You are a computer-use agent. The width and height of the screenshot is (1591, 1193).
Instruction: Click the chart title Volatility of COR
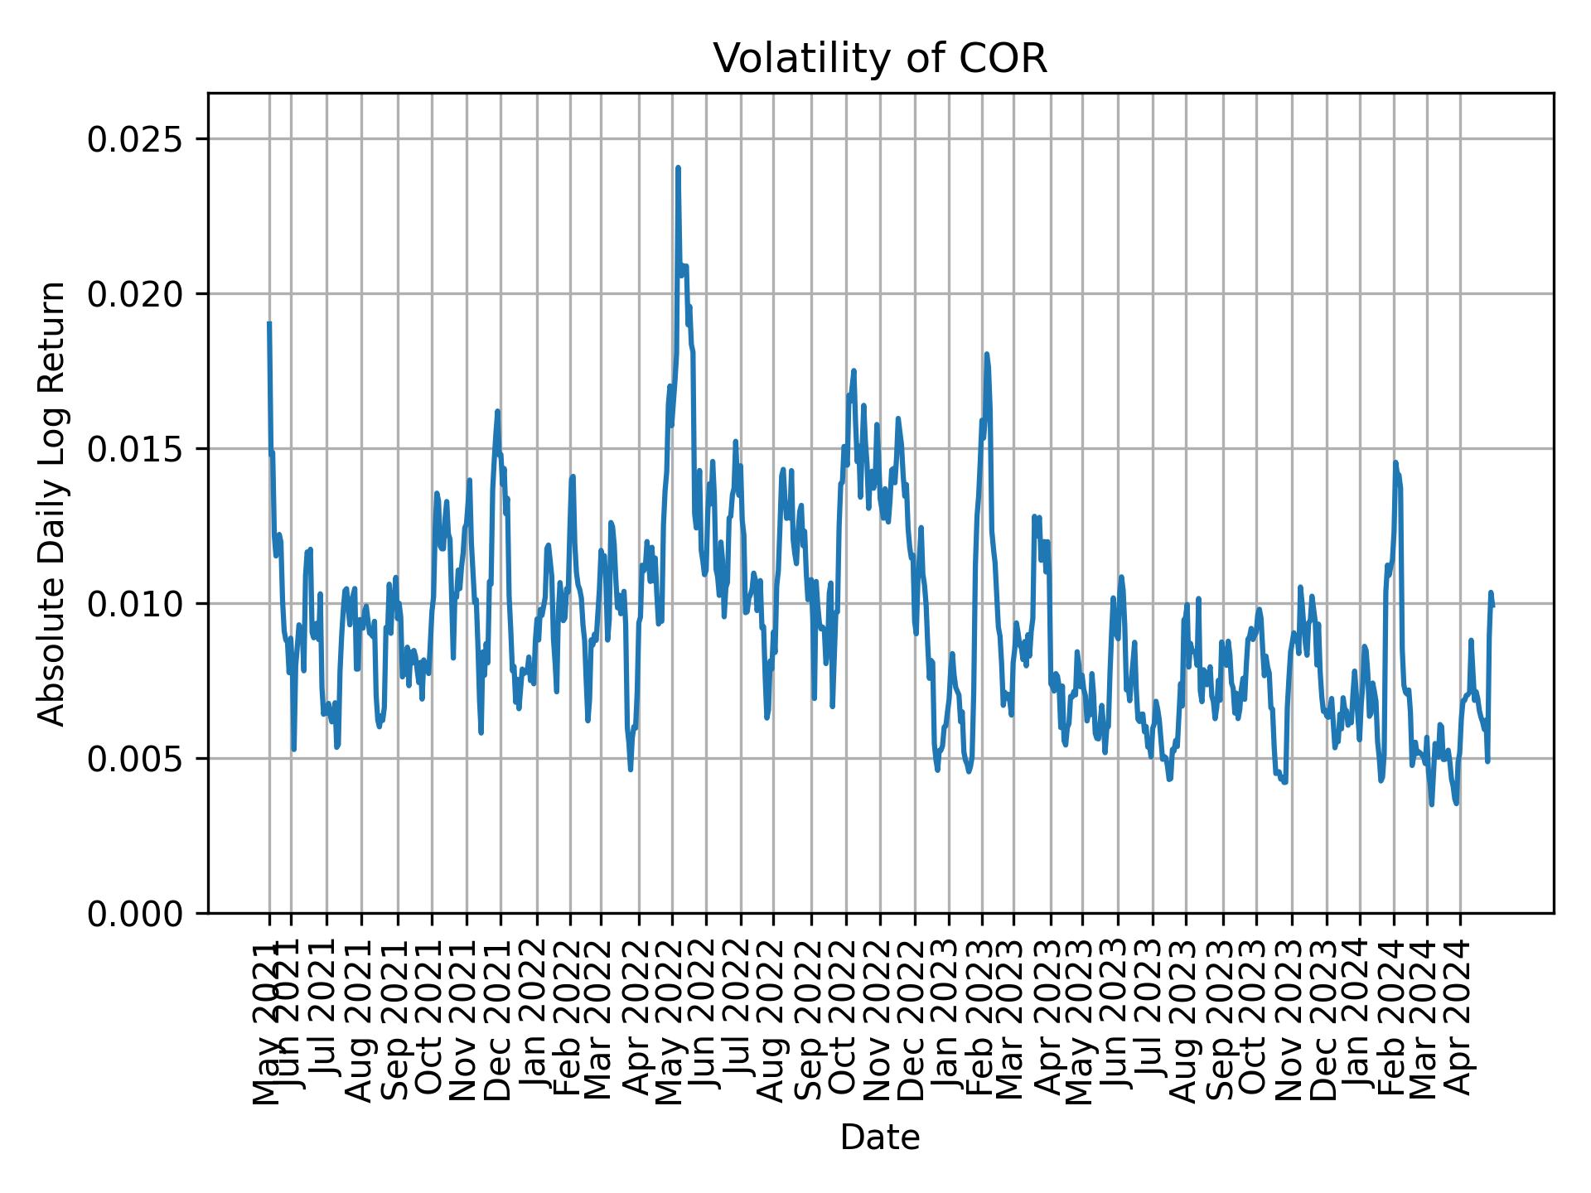coord(880,58)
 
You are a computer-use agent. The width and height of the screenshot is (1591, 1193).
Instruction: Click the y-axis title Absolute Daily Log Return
coord(53,503)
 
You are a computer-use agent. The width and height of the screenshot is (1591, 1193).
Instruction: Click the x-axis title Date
coord(880,1137)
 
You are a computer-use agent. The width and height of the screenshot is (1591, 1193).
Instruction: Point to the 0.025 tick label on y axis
coord(136,139)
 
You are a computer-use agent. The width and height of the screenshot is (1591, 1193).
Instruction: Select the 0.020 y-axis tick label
coord(136,294)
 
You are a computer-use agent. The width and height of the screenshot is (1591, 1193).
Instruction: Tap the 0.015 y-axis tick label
coord(136,449)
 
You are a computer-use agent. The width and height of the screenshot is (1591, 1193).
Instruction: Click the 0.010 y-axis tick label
coord(136,604)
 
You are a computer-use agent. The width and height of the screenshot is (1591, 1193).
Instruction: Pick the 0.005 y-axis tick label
coord(136,759)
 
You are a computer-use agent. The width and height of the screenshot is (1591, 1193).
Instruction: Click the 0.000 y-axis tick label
coord(136,914)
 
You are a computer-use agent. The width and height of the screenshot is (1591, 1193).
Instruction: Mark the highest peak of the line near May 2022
coord(678,168)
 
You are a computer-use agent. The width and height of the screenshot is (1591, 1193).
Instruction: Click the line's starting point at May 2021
coord(269,323)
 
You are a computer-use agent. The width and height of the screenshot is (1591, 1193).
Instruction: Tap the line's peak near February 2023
coord(986,355)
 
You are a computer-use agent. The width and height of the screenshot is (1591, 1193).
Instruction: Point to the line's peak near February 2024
coord(1395,462)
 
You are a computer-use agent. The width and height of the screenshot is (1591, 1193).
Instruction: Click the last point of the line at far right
coord(1492,606)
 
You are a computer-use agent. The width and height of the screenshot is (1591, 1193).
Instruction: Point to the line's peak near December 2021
coord(497,411)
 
